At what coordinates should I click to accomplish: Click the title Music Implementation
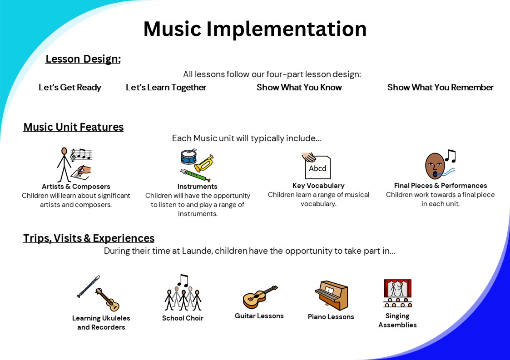pos(255,29)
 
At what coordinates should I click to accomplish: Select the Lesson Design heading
pos(83,59)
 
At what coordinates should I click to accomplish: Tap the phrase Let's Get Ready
pos(70,88)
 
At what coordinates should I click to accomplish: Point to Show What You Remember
pos(441,88)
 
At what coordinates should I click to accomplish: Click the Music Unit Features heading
pos(74,127)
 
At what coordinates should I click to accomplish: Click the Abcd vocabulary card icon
pos(317,166)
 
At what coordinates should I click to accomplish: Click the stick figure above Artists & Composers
pos(64,164)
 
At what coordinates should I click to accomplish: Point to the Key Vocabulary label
pos(318,186)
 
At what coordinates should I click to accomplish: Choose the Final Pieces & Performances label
pos(441,186)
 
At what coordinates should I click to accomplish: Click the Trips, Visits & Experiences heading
pos(89,238)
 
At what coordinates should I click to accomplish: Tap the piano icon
pos(332,295)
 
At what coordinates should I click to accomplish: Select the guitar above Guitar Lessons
pos(260,297)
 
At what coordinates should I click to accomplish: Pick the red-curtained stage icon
pos(397,293)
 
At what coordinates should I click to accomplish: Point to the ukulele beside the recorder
pos(108,300)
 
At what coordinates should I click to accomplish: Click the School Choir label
pos(183,318)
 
